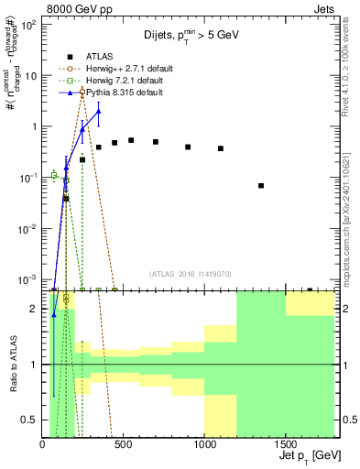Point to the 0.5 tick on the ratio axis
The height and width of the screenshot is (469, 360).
tap(31, 420)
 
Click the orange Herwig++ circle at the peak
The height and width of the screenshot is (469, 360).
tap(82, 92)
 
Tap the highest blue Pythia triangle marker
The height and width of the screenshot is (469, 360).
tap(98, 111)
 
